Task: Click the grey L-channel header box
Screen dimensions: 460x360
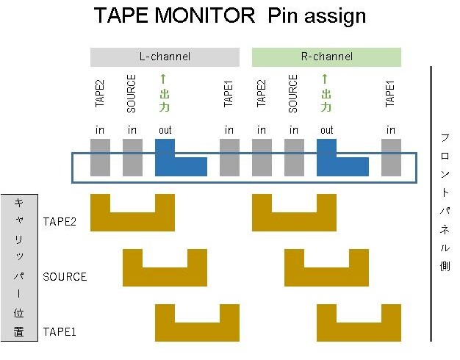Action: coord(165,57)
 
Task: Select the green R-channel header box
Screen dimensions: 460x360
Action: coord(326,57)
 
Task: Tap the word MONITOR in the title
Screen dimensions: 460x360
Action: coord(205,15)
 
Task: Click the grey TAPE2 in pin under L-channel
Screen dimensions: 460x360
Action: coord(101,157)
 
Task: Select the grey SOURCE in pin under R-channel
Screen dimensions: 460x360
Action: coord(294,157)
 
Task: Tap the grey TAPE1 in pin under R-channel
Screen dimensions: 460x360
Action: coord(392,157)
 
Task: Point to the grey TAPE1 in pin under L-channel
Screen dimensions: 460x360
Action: coord(230,157)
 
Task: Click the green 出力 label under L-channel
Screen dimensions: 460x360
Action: coord(165,101)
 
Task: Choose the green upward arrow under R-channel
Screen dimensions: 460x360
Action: coord(325,79)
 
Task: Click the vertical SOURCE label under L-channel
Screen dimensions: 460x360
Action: coord(132,93)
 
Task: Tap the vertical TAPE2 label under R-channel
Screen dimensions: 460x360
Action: coord(261,93)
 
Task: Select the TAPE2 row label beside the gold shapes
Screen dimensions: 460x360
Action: coord(60,222)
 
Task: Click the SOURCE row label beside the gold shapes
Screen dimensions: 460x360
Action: coord(65,277)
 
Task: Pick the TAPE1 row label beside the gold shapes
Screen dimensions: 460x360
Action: coord(60,332)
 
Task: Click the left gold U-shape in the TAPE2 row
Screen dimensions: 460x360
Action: coord(132,222)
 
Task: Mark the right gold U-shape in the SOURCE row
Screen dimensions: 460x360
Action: coord(326,277)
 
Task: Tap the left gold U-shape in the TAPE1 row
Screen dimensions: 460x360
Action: coord(197,332)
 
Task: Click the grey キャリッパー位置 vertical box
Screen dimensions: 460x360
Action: coord(19,267)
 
